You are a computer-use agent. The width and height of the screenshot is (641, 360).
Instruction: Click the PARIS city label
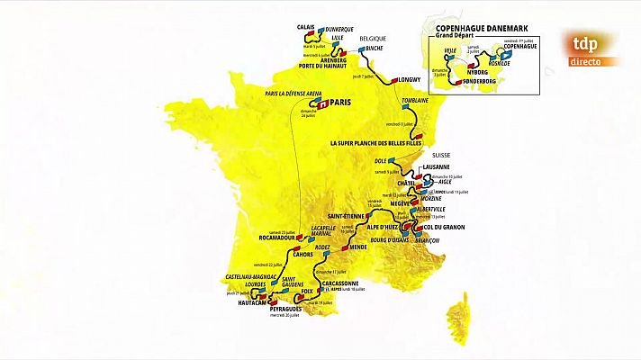pyautogui.click(x=340, y=103)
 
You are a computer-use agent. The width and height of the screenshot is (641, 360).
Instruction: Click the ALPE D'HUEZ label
pyautogui.click(x=376, y=229)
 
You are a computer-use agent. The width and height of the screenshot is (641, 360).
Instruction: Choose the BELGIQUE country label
pyautogui.click(x=373, y=40)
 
